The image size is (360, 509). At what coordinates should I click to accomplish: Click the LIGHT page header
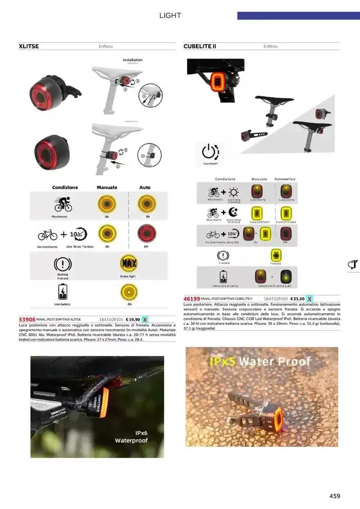coord(170,15)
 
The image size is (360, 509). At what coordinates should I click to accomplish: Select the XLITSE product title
coord(29,46)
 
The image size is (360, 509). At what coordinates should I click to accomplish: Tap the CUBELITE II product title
coord(200,46)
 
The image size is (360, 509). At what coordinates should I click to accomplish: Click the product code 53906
coord(27,319)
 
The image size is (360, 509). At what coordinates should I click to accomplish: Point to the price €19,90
coord(133,319)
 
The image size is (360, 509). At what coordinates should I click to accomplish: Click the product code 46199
coord(192,298)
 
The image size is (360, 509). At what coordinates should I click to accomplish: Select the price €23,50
coord(297,298)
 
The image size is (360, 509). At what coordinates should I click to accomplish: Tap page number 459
coord(335,496)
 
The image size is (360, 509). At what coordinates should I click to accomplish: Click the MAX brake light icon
coord(128,264)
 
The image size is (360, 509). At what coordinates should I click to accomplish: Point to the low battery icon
coord(62,293)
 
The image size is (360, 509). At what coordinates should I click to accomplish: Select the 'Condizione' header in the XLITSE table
coord(65,188)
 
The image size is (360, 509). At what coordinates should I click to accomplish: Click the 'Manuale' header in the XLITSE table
coord(107,188)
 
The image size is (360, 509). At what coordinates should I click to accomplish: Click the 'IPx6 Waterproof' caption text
coord(131,437)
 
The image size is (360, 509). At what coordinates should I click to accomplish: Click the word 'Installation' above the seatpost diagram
coord(133,60)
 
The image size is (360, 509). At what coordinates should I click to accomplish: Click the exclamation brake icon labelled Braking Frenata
coord(62,265)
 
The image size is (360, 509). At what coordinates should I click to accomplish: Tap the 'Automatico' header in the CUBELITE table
coord(285,179)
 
